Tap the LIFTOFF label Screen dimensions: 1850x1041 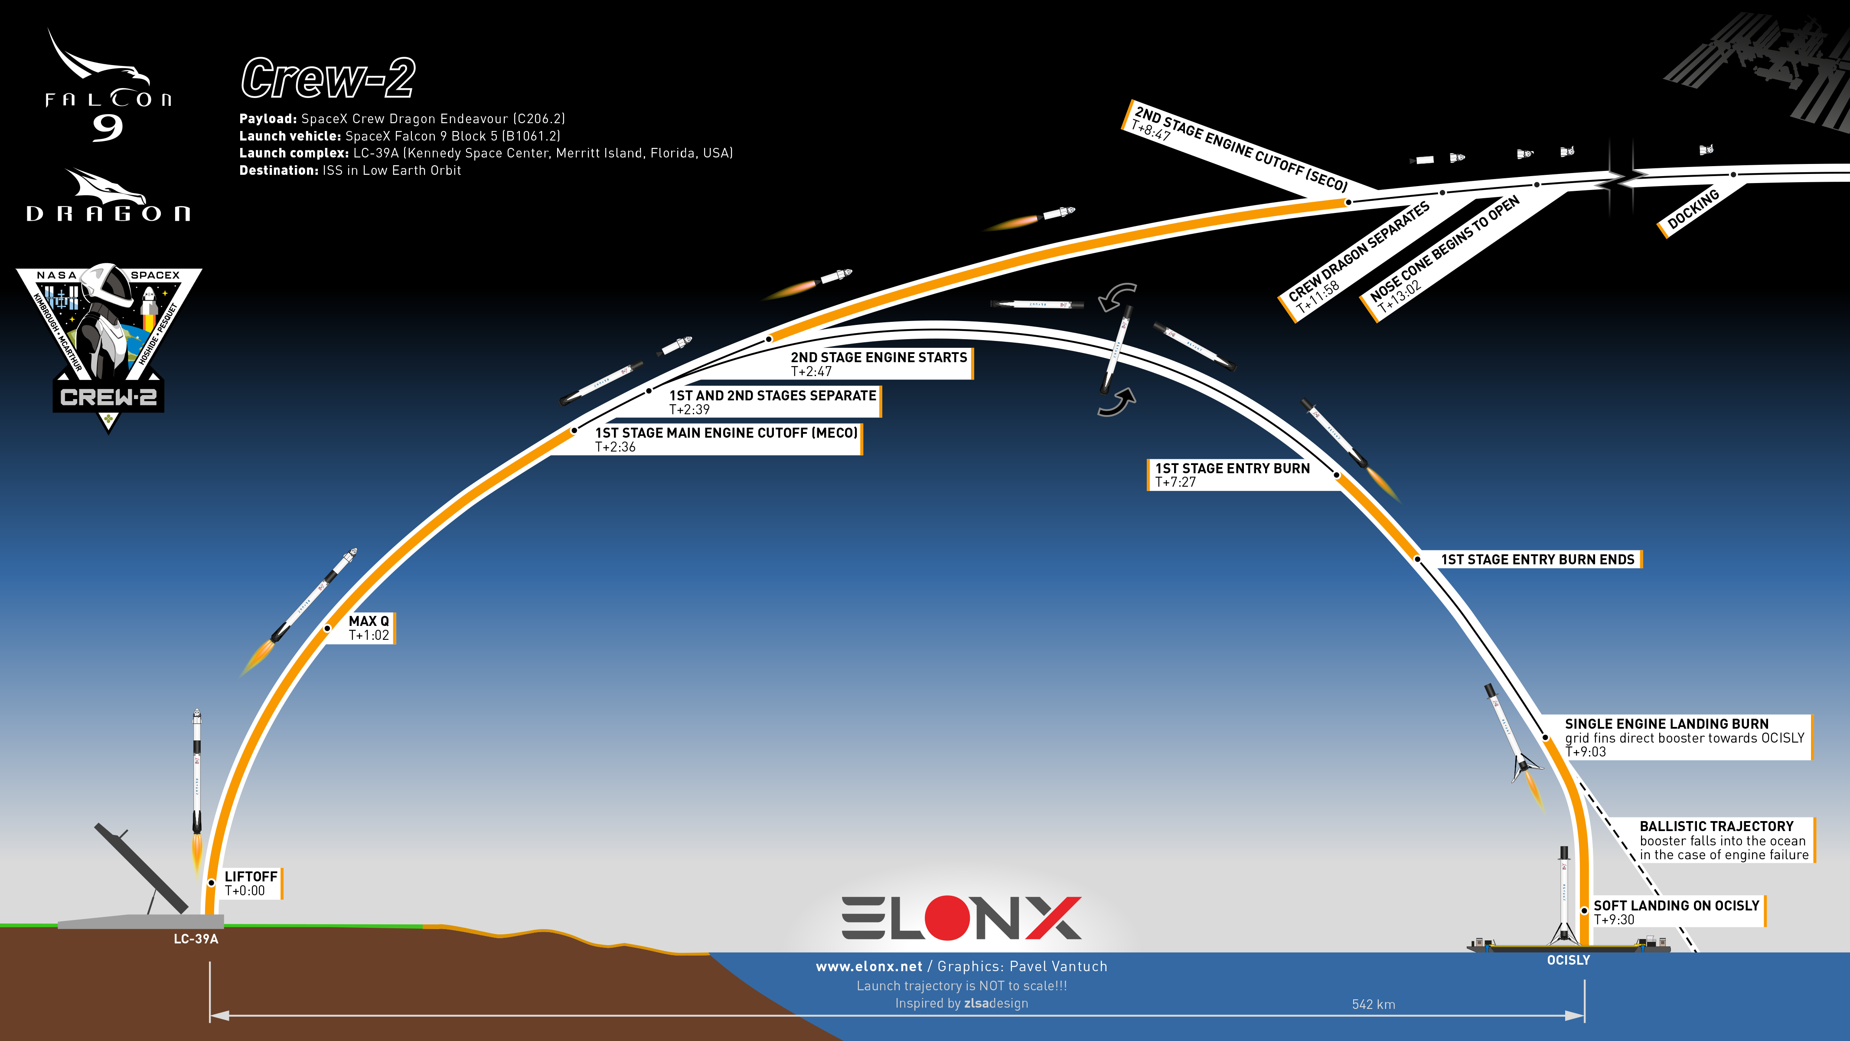click(x=251, y=877)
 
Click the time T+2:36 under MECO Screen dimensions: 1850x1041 click(x=616, y=447)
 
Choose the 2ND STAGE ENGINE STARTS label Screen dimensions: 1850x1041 click(x=879, y=357)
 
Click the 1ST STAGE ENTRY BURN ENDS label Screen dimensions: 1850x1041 click(x=1537, y=560)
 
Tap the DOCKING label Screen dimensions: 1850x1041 click(x=1693, y=209)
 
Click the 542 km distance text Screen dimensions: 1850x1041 click(x=1373, y=1005)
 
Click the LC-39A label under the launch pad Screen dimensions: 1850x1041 click(x=196, y=939)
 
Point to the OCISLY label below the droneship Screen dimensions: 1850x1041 click(x=1569, y=960)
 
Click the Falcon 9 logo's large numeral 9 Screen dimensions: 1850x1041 click(x=108, y=128)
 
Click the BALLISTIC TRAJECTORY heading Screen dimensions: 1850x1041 click(x=1716, y=826)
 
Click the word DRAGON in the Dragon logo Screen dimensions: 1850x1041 click(x=108, y=213)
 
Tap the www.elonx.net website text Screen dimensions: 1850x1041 click(x=869, y=966)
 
